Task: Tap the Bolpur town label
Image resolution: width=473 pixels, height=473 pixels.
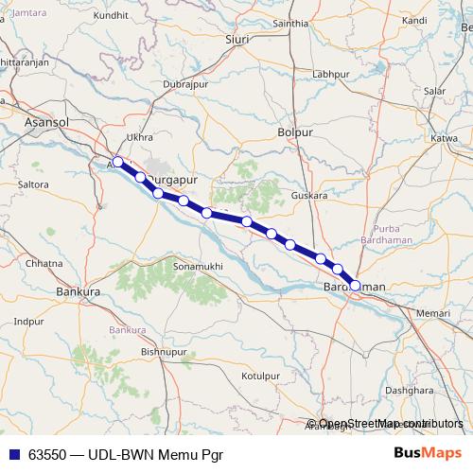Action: [x=294, y=134]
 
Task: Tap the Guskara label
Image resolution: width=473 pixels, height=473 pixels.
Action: [x=309, y=195]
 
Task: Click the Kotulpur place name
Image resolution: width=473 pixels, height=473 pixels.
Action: [x=263, y=376]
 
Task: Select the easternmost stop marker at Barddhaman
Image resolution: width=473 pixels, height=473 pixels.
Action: [x=355, y=284]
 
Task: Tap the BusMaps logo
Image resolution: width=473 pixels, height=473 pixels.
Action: [x=428, y=452]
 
